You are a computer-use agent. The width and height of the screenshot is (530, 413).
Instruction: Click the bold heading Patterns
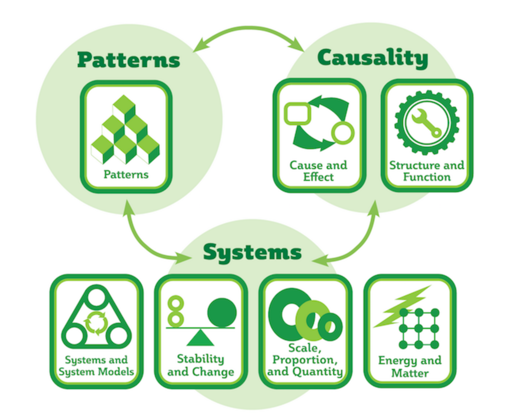128,60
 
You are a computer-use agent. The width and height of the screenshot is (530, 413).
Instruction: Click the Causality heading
373,58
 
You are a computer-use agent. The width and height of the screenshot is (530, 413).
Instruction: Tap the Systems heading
252,252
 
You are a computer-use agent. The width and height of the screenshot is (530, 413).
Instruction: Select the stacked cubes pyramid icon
125,130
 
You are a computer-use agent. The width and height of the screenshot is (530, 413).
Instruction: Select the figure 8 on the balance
176,311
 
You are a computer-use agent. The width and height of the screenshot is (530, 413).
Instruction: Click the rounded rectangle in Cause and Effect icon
297,113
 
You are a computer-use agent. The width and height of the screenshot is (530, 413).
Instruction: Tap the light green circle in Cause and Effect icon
342,133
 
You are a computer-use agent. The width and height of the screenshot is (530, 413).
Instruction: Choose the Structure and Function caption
427,171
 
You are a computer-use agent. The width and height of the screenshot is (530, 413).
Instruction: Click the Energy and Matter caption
410,366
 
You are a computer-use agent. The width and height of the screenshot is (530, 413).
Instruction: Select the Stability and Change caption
201,365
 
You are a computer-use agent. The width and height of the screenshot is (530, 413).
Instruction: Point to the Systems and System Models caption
96,366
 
